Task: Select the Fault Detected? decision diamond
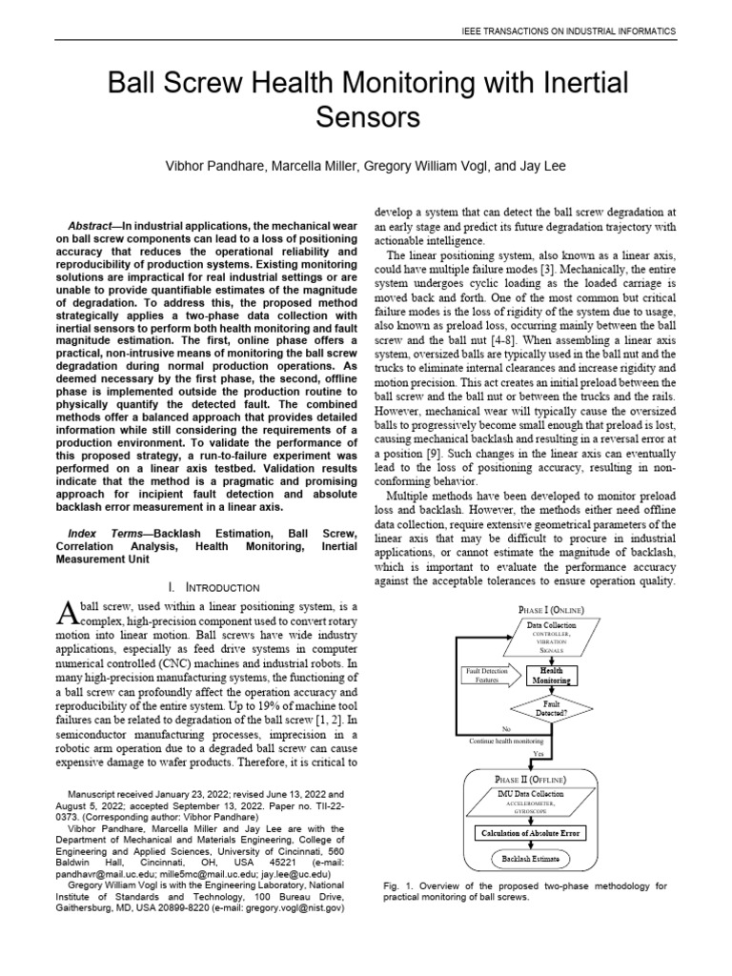pos(552,707)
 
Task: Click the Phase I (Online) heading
pos(551,609)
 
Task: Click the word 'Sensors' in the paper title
pos(366,118)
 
